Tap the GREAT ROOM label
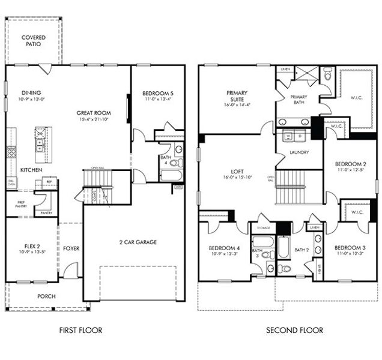[92, 112]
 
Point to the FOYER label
[71, 248]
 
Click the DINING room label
[31, 92]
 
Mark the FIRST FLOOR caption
[80, 330]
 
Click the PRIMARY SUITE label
[237, 97]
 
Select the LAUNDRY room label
[299, 152]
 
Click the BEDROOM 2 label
[350, 164]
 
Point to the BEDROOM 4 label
[224, 248]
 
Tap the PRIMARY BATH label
[299, 100]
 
